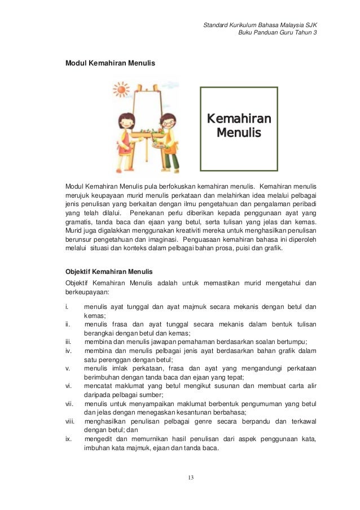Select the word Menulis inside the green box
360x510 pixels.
click(x=239, y=134)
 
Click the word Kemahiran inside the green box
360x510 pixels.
click(x=239, y=119)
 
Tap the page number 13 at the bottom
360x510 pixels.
click(x=191, y=478)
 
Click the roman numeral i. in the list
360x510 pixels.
click(x=67, y=307)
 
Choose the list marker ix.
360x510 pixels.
click(x=68, y=439)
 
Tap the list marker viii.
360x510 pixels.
click(x=70, y=419)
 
